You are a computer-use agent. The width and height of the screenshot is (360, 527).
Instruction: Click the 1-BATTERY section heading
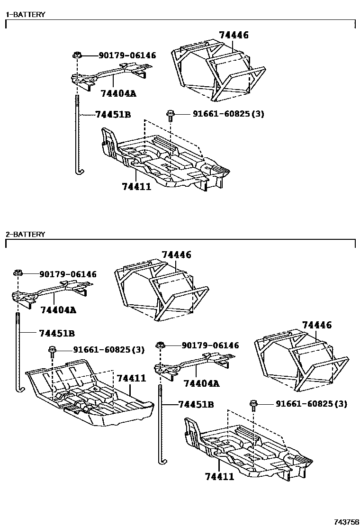pyautogui.click(x=25, y=14)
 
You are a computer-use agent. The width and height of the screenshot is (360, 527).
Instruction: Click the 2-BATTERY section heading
pyautogui.click(x=25, y=234)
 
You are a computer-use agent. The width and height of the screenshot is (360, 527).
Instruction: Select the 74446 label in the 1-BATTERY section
pyautogui.click(x=234, y=35)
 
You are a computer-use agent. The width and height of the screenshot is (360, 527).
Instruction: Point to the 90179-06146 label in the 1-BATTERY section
pyautogui.click(x=127, y=55)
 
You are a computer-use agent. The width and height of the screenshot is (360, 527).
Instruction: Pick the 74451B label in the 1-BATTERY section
pyautogui.click(x=113, y=114)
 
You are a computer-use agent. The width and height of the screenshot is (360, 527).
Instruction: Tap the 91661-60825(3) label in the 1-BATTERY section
pyautogui.click(x=228, y=114)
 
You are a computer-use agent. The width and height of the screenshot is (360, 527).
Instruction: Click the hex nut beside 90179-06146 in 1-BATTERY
pyautogui.click(x=77, y=55)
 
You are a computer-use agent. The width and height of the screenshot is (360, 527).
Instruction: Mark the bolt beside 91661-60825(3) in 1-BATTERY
pyautogui.click(x=170, y=115)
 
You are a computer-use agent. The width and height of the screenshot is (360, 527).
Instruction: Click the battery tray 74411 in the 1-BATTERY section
pyautogui.click(x=166, y=159)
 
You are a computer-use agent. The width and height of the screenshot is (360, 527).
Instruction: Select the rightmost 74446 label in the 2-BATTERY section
pyautogui.click(x=316, y=325)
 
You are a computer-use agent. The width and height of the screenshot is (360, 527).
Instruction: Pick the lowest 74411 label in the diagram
pyautogui.click(x=219, y=476)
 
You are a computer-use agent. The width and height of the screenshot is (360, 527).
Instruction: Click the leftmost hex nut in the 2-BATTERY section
pyautogui.click(x=18, y=273)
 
